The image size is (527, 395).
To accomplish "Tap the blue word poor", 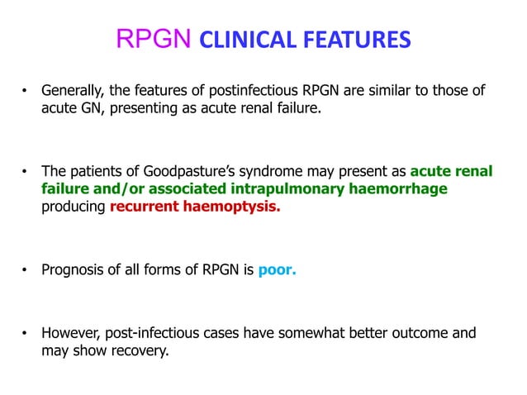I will (x=277, y=269).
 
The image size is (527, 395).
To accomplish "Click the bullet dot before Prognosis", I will (x=26, y=269).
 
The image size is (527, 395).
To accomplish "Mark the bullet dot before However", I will (x=26, y=334).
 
